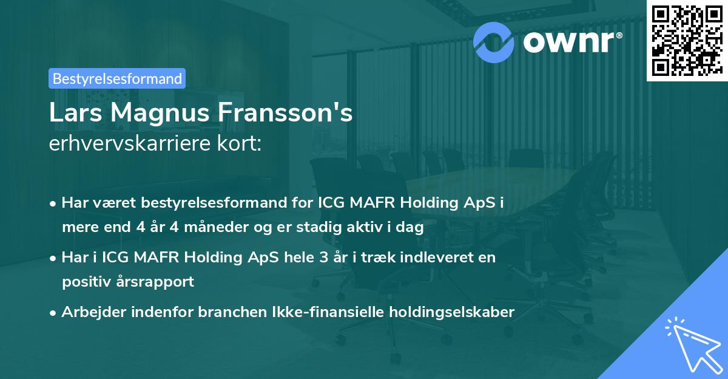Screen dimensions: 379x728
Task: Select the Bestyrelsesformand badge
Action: point(117,78)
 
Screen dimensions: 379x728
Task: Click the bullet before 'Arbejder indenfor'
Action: point(54,313)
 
